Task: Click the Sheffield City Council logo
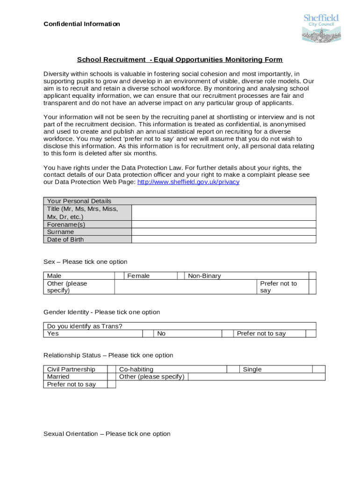[321, 28]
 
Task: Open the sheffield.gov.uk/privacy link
[188, 182]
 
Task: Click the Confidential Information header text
[82, 24]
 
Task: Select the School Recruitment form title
[180, 60]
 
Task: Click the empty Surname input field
[223, 232]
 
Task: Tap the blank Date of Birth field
[223, 239]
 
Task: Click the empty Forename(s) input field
[223, 225]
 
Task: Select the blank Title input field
[223, 213]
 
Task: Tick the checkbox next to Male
[119, 276]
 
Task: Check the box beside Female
[180, 276]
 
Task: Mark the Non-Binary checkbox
[312, 276]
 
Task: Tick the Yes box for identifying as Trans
[148, 334]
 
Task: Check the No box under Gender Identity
[227, 334]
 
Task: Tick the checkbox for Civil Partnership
[112, 370]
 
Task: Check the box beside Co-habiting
[233, 370]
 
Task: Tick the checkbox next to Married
[112, 377]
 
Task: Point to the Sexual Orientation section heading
[107, 434]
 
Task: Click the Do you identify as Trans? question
[85, 326]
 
